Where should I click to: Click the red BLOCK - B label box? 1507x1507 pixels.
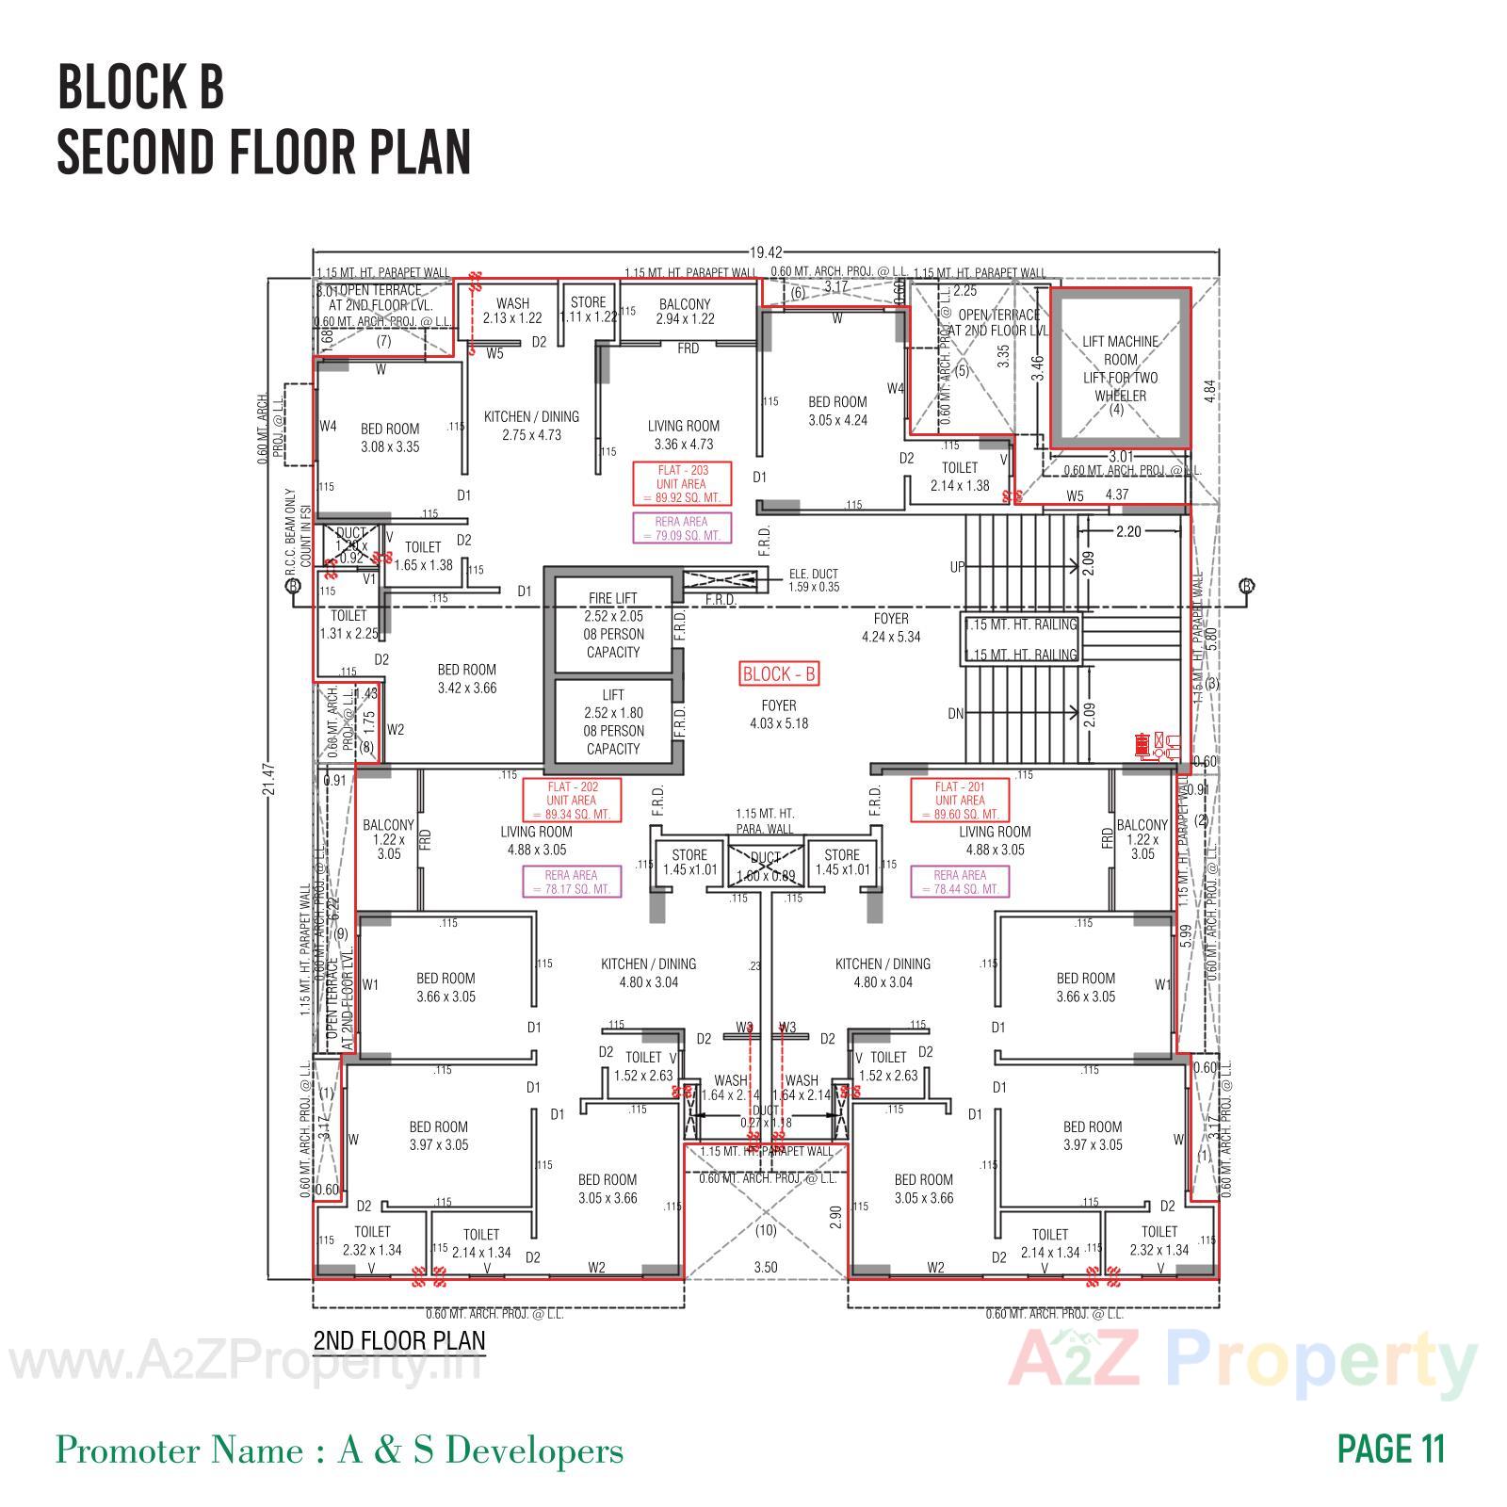779,674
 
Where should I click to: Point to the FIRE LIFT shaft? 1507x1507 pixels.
613,624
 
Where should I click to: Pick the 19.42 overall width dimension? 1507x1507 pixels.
766,252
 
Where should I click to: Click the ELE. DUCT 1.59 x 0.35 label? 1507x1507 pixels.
813,580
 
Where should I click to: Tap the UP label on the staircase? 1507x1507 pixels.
957,568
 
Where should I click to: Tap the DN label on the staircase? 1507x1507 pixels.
956,714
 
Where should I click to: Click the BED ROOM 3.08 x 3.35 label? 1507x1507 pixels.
390,438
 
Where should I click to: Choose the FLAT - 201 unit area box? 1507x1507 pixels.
960,801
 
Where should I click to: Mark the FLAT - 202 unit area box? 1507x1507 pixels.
572,801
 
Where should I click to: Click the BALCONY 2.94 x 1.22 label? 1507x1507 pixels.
685,312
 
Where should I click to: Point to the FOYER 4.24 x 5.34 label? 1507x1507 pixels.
891,627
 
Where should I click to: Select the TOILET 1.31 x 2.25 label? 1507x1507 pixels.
348,624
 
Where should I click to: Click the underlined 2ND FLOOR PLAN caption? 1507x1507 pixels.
399,1340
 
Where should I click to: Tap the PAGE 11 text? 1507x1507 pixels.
1390,1450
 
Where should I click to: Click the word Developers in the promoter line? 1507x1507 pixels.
534,1450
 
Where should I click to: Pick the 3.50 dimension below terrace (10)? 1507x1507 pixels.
766,1268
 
